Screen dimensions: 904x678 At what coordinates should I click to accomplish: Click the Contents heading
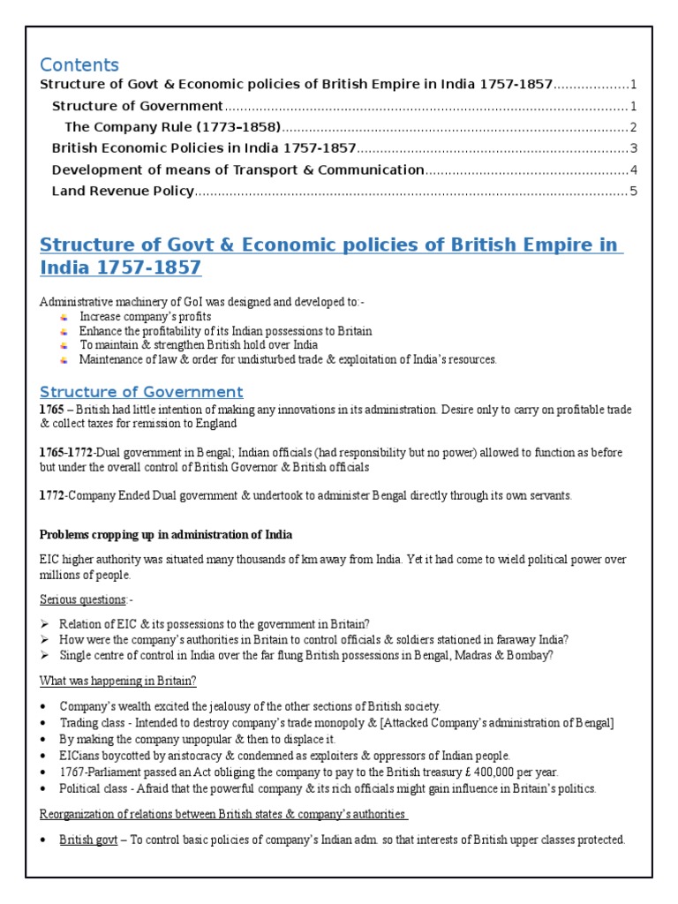(79, 65)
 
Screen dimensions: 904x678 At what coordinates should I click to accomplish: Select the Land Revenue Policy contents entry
(123, 191)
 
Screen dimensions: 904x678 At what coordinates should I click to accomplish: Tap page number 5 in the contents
(633, 191)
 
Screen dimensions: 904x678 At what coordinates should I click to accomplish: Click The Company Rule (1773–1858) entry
(173, 127)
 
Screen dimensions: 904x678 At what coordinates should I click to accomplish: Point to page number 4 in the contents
(633, 169)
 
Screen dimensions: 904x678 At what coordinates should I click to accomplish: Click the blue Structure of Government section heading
(141, 392)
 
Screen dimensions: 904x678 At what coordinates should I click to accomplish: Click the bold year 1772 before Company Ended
(52, 496)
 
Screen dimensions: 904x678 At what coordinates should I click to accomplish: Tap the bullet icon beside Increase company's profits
(64, 317)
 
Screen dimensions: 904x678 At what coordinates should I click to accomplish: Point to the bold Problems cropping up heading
(166, 535)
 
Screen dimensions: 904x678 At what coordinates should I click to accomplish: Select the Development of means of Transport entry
(237, 169)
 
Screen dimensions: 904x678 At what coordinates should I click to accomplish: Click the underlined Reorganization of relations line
(223, 814)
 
